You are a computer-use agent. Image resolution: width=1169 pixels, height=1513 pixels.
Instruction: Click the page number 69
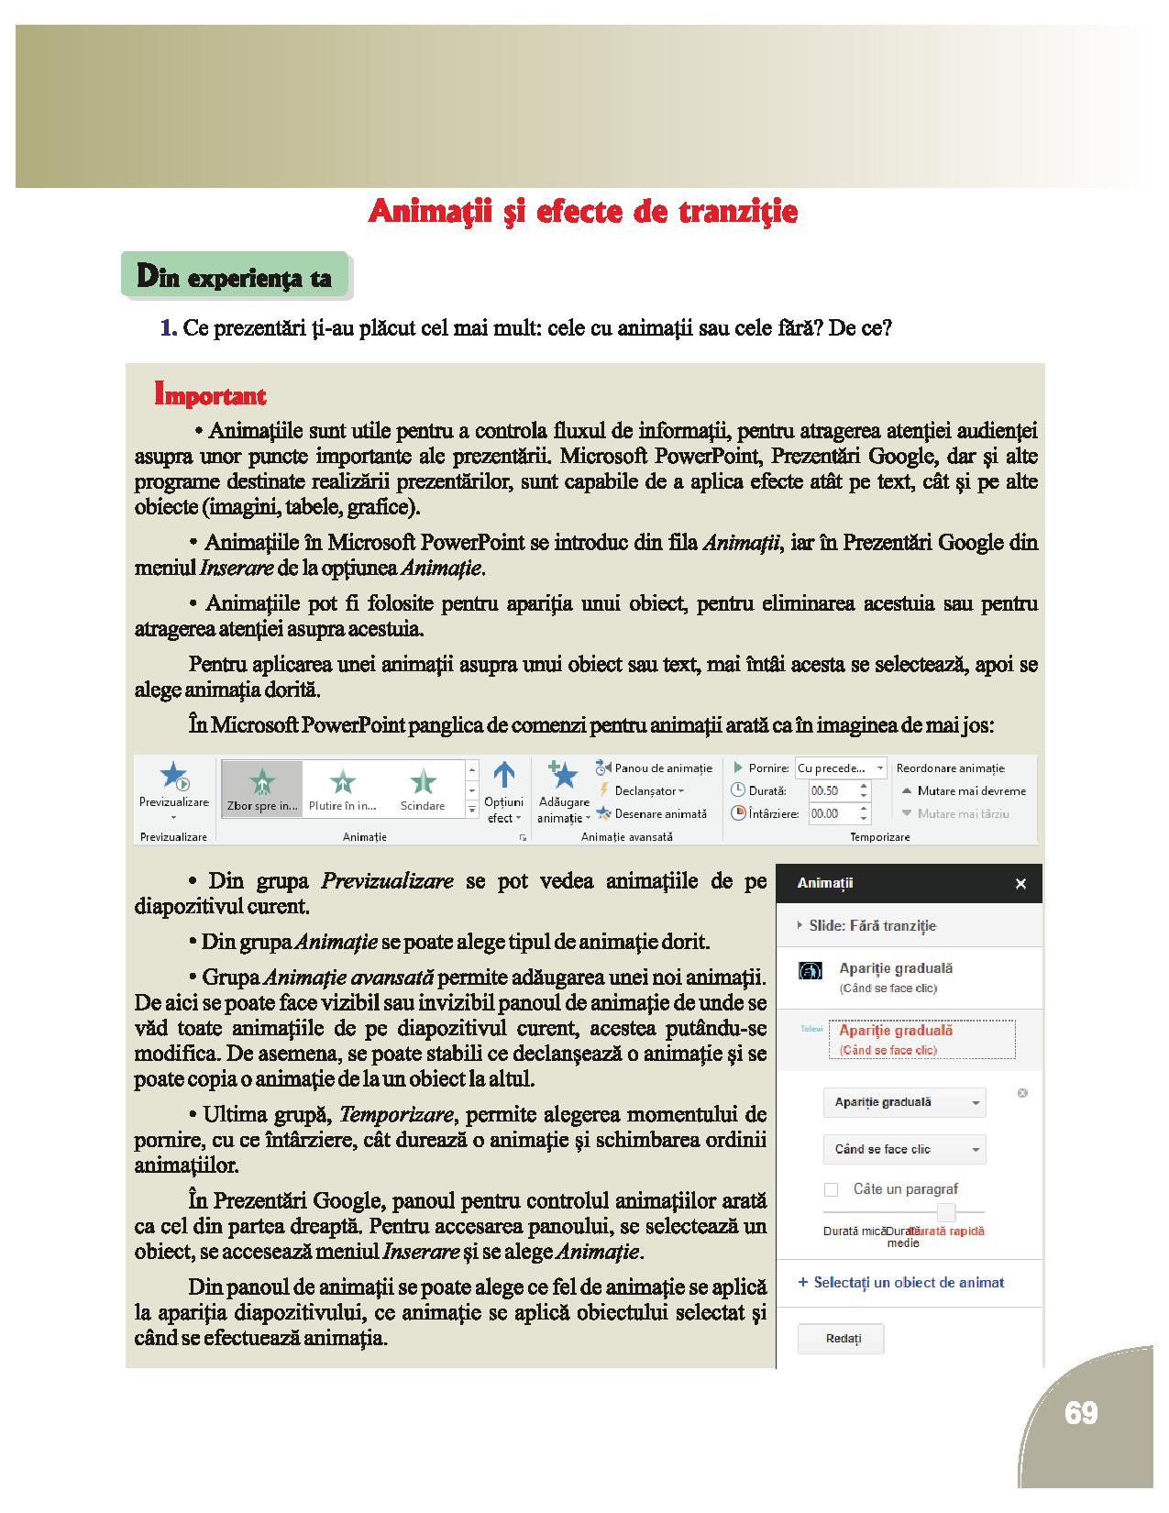(1081, 1413)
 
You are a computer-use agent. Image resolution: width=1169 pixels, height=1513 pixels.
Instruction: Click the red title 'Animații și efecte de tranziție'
(583, 212)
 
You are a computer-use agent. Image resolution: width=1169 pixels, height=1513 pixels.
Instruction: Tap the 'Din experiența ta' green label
(234, 276)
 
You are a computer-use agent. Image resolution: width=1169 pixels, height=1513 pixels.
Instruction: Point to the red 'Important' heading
(211, 396)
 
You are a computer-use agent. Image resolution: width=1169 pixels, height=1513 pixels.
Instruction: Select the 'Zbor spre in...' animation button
(262, 789)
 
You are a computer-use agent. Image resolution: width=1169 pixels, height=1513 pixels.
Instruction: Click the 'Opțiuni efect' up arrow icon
(503, 776)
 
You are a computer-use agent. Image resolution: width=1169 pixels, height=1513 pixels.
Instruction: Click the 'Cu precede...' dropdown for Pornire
(840, 768)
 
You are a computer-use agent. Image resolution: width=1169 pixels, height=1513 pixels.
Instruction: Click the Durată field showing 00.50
(832, 790)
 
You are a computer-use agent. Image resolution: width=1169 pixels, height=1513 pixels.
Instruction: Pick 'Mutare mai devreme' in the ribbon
(965, 790)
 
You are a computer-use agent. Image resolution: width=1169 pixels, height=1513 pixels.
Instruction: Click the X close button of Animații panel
(1020, 884)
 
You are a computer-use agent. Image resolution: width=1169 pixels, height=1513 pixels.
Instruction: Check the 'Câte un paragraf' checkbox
(832, 1189)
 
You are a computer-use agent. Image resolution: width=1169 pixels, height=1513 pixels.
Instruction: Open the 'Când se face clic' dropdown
(904, 1149)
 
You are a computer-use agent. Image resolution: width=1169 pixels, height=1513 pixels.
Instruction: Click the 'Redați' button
(842, 1339)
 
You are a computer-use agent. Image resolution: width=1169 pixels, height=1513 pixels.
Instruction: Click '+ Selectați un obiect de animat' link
(901, 1283)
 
